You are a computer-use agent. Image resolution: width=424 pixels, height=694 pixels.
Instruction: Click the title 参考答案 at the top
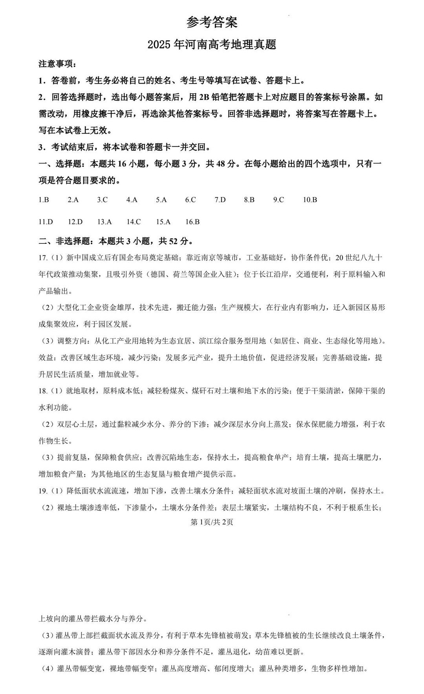point(212,22)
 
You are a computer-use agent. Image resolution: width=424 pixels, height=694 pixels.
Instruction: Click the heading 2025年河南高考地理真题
point(212,44)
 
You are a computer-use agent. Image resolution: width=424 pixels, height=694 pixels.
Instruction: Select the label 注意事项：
point(57,64)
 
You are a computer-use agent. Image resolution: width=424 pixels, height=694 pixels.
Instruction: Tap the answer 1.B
point(44,200)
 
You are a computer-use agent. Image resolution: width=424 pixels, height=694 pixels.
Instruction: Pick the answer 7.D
point(220,200)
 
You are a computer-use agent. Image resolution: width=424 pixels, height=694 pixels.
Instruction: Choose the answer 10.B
point(310,200)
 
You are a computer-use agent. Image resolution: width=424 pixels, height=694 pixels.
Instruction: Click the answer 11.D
point(46,222)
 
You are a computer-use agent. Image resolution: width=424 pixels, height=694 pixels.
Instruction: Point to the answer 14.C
point(133,222)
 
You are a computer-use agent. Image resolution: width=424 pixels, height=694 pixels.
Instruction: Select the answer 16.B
point(192,222)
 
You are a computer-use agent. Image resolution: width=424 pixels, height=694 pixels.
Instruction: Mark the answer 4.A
point(132,200)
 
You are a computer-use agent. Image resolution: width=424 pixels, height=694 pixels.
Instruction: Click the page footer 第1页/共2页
point(212,522)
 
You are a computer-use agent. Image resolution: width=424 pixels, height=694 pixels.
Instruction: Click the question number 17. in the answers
point(43,258)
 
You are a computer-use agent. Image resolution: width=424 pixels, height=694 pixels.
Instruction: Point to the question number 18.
point(43,391)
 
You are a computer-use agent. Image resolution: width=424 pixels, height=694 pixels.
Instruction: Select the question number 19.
point(43,491)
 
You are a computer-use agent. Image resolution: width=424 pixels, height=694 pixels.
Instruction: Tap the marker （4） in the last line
point(47,668)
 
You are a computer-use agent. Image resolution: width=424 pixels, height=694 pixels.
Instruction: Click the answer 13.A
point(104,222)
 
